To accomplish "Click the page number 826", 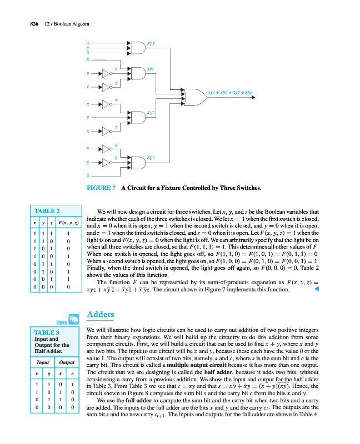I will click(26, 23).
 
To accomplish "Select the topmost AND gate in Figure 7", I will click(136, 48).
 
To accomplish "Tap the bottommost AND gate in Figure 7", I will click(136, 162).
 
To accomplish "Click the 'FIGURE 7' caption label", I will click(101, 188).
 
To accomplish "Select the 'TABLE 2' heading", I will click(47, 211).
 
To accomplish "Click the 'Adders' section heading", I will click(101, 315).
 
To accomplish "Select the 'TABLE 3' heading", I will click(47, 332).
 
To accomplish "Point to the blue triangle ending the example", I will click(317, 288).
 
